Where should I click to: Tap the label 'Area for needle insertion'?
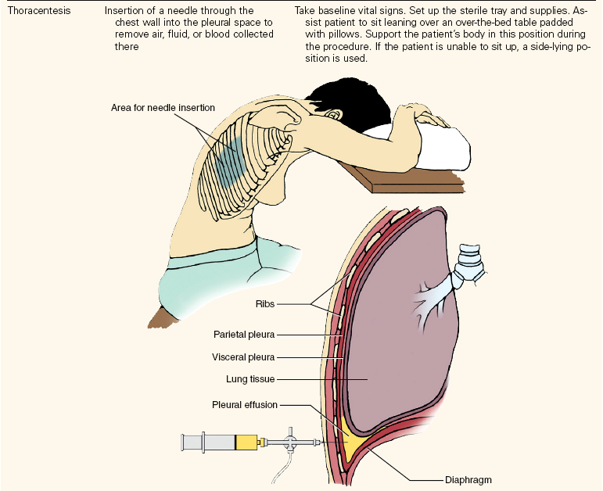click(162, 107)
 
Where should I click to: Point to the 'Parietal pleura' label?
click(244, 335)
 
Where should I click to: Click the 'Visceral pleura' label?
click(244, 357)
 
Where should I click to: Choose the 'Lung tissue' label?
click(249, 380)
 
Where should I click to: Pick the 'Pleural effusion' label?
click(245, 405)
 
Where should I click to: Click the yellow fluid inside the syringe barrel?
click(246, 443)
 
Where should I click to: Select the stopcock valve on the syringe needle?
click(291, 442)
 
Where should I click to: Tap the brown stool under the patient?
click(165, 317)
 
